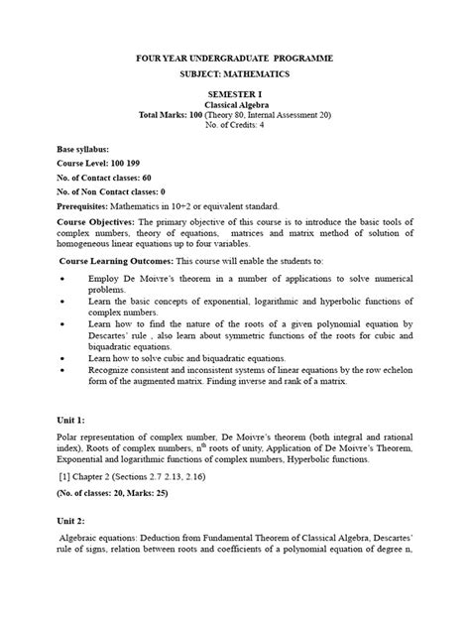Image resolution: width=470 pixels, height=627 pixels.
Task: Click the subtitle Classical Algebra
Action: (234, 102)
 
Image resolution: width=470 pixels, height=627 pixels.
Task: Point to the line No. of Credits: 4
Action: (235, 127)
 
